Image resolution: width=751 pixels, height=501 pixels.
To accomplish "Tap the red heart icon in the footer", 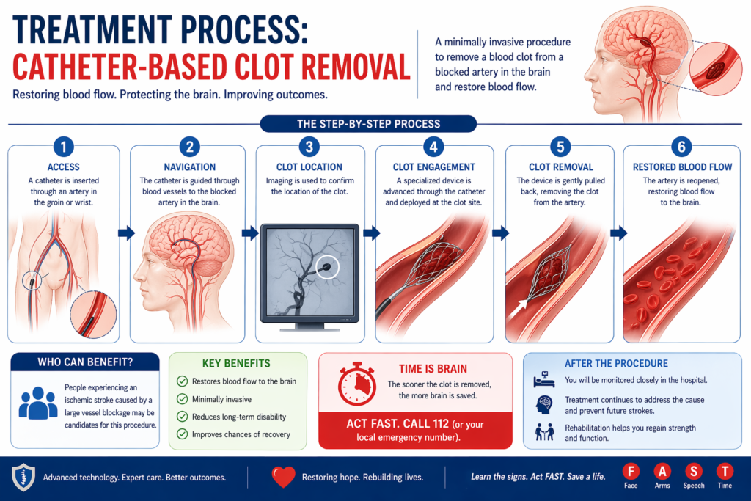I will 283,478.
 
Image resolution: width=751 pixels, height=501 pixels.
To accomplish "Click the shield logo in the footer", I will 23,478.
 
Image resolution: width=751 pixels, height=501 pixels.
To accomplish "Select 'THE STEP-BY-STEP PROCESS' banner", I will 368,124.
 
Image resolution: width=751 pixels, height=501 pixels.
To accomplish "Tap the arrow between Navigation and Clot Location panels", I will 249,233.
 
